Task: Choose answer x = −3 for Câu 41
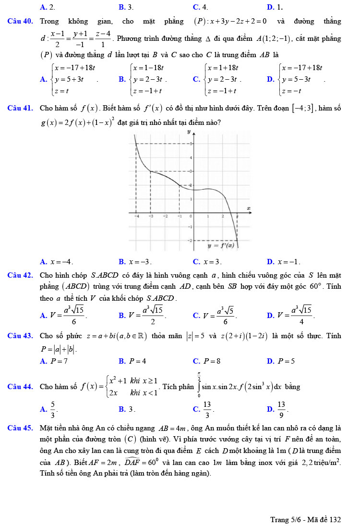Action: pyautogui.click(x=140, y=262)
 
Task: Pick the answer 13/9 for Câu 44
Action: pyautogui.click(x=281, y=409)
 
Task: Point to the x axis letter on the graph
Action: pyautogui.click(x=249, y=208)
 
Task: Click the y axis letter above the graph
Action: pyautogui.click(x=189, y=131)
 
